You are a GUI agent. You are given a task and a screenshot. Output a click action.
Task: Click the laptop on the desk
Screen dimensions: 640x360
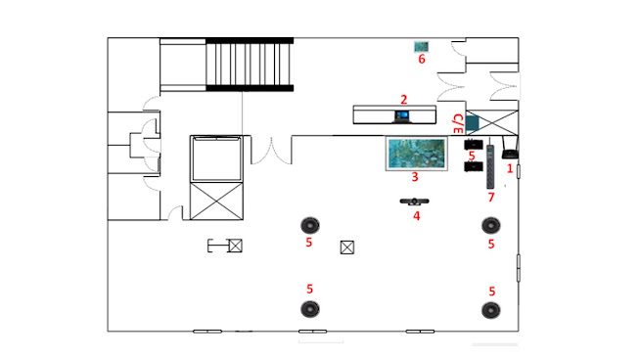click(x=401, y=116)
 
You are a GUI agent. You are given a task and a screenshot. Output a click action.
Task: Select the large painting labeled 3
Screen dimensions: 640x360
click(x=417, y=154)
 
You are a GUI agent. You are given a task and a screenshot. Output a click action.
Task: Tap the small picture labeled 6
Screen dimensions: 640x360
click(x=421, y=47)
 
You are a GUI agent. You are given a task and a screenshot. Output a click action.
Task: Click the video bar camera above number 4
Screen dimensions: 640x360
click(x=415, y=202)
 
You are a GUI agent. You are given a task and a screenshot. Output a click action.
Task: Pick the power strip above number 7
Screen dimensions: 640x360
click(x=490, y=166)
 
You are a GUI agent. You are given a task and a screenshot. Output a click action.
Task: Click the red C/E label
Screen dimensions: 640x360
click(x=458, y=123)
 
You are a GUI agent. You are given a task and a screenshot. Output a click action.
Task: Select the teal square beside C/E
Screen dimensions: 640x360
click(x=472, y=123)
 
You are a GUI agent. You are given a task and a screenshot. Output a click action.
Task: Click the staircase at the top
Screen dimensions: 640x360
click(x=250, y=65)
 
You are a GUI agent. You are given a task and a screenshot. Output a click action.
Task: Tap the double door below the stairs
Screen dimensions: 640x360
click(x=271, y=151)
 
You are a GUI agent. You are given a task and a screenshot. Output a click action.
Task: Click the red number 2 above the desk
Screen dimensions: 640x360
click(x=404, y=100)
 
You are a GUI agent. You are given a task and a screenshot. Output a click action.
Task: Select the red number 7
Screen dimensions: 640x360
click(x=491, y=198)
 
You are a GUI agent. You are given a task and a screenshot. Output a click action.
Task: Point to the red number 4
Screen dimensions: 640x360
click(x=416, y=215)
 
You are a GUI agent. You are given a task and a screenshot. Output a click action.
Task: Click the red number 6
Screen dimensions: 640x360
click(x=422, y=59)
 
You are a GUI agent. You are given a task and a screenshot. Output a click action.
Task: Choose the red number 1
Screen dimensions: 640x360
click(x=510, y=168)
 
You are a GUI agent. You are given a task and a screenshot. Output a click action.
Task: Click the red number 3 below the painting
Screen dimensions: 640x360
click(x=415, y=177)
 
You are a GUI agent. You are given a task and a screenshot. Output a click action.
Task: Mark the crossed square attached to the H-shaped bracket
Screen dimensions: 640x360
click(x=235, y=246)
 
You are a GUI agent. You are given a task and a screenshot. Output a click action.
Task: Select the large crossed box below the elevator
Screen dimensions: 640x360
click(x=216, y=202)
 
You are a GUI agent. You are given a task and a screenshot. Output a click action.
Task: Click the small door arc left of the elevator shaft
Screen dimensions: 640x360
click(x=176, y=211)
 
